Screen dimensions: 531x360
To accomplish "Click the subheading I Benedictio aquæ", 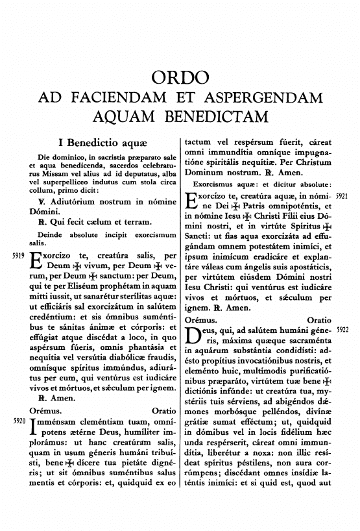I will coord(100,143).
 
